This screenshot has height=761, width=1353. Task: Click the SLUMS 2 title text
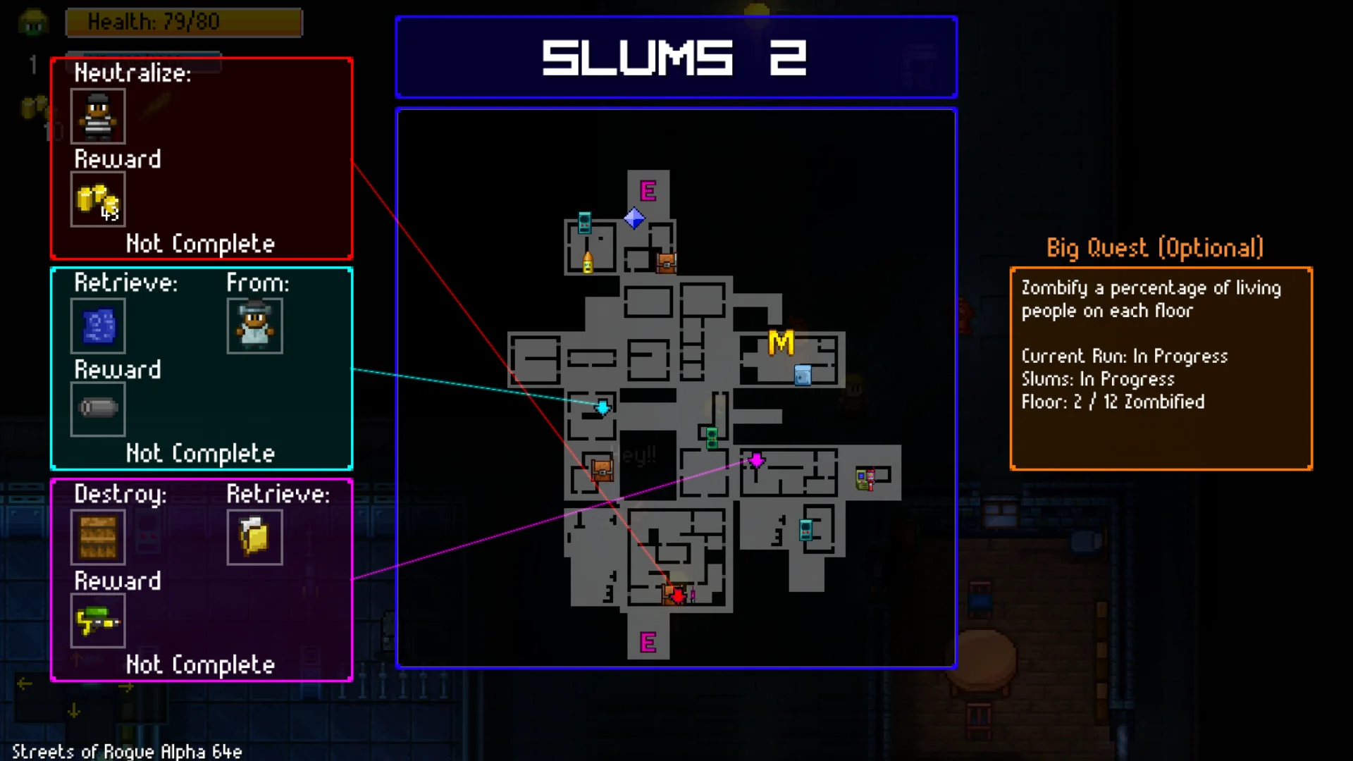coord(674,58)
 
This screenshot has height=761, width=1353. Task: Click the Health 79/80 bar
coord(183,23)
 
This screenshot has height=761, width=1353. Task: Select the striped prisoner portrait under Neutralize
coord(98,116)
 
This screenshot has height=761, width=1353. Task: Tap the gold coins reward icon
coord(98,200)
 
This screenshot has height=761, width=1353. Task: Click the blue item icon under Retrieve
coord(98,326)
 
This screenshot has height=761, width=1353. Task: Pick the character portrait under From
coord(254,326)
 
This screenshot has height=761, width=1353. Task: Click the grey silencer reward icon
coord(98,409)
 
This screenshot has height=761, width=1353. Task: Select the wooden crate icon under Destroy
coord(98,538)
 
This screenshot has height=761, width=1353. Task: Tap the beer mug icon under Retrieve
coord(254,538)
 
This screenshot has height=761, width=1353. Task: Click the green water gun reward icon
coord(98,621)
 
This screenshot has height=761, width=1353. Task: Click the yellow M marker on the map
coord(781,343)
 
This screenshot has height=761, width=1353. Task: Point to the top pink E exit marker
coord(648,191)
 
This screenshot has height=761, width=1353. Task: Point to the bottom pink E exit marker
coord(648,643)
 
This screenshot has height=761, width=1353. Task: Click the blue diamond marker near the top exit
coord(634,218)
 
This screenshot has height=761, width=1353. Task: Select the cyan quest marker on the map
coord(603,407)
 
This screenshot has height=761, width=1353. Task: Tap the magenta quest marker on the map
coord(756,460)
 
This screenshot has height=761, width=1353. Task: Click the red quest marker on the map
coord(678,596)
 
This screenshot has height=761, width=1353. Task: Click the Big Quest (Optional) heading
coord(1154,248)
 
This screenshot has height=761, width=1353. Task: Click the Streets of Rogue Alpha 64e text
coord(127,751)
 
